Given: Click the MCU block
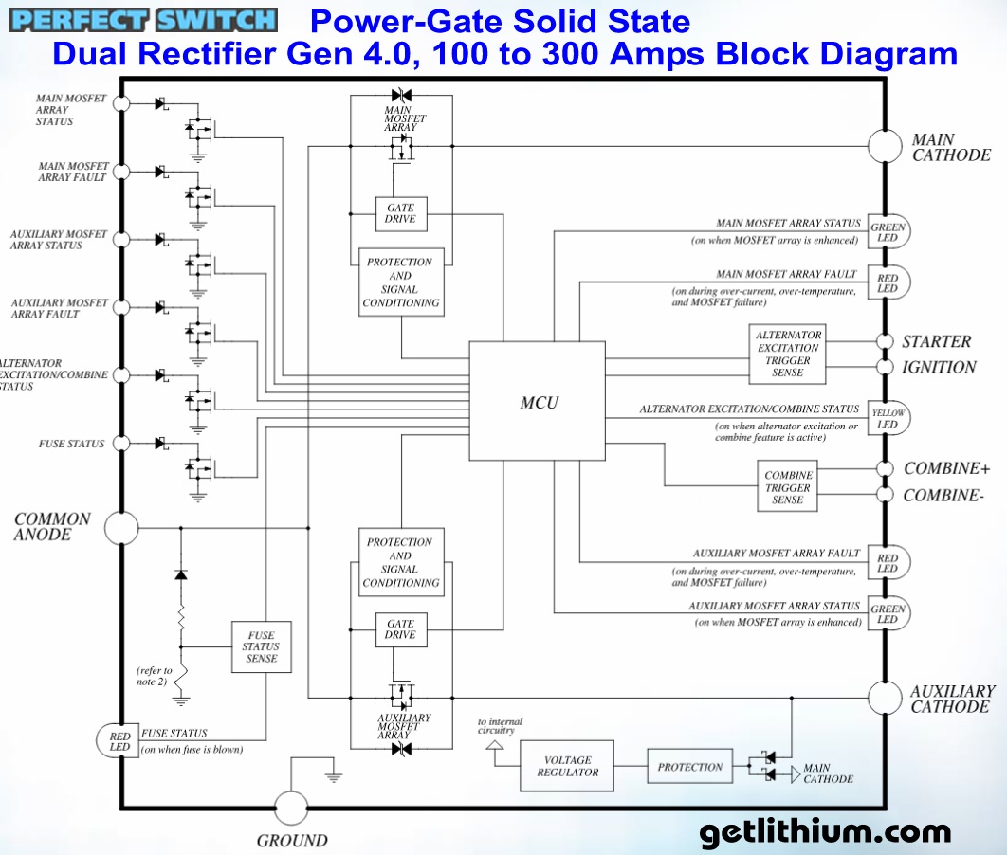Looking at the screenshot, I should coord(537,401).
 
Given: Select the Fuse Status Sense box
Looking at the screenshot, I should coord(261,646).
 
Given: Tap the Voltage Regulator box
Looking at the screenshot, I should coord(567,766).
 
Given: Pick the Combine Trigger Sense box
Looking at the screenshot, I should coord(788,487).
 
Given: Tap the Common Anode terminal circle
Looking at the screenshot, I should coord(120,527).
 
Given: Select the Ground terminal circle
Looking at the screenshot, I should coord(291,808).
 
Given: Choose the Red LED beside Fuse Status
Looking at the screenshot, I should coord(119,739).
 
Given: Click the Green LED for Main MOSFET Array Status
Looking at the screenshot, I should coord(888,232).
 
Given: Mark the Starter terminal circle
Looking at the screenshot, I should coord(885,341).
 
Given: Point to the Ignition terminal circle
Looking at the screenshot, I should coord(885,367).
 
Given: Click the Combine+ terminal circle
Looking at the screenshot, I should coord(885,468).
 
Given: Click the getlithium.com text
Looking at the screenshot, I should coord(824,832).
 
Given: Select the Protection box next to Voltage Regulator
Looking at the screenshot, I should coord(689,766).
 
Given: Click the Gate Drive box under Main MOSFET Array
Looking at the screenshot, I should coord(401,213).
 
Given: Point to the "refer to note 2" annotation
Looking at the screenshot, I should coord(155,676).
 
